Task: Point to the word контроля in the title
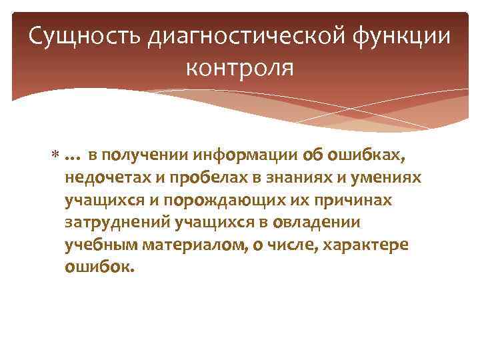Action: coord(240,67)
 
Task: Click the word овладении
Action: coord(321,223)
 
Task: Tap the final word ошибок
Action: coord(99,267)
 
